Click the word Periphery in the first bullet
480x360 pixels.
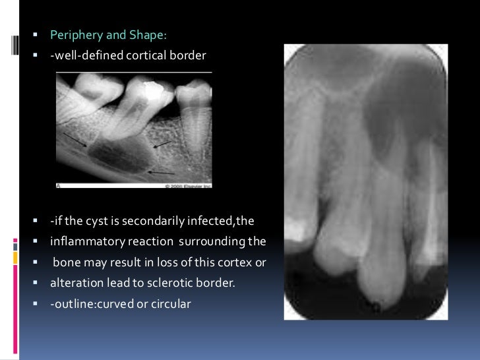click(x=73, y=35)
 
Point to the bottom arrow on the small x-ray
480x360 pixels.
click(x=162, y=173)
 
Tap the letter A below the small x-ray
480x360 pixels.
click(x=59, y=185)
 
